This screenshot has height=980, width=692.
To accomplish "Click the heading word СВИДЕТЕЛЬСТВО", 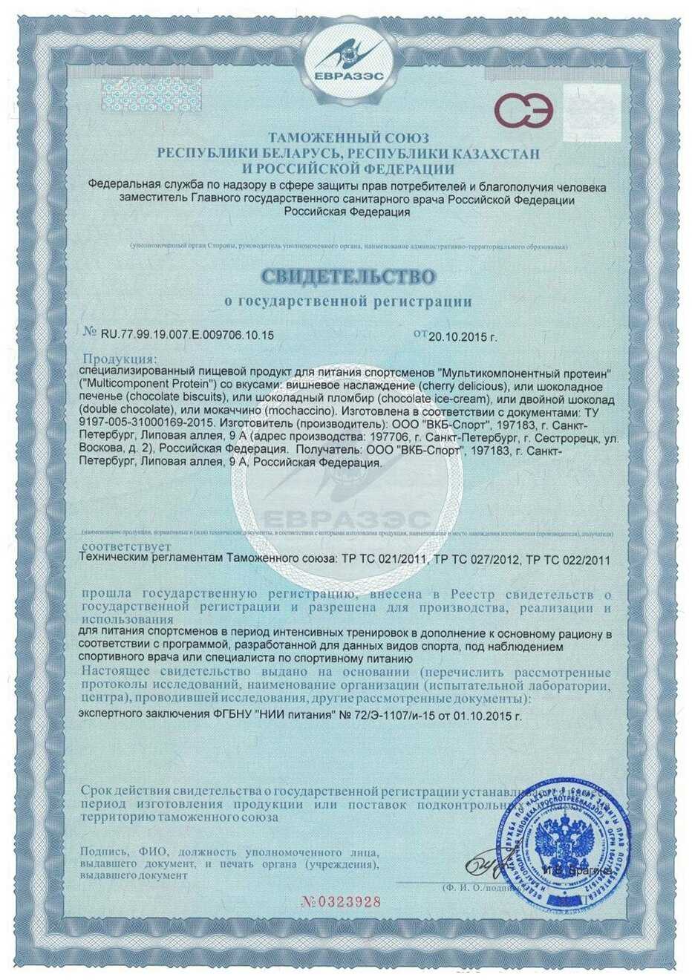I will (347, 276).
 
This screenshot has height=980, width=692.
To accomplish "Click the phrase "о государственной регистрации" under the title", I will (347, 301).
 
